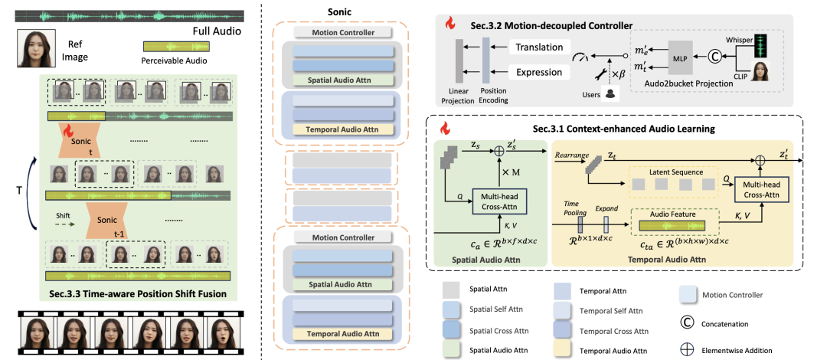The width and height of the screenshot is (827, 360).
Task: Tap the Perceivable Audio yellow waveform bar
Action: click(175, 47)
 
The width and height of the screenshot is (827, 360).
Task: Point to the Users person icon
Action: click(611, 93)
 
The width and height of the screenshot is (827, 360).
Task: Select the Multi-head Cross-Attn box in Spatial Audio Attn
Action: click(498, 201)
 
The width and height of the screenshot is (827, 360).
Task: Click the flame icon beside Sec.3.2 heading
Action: click(450, 23)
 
